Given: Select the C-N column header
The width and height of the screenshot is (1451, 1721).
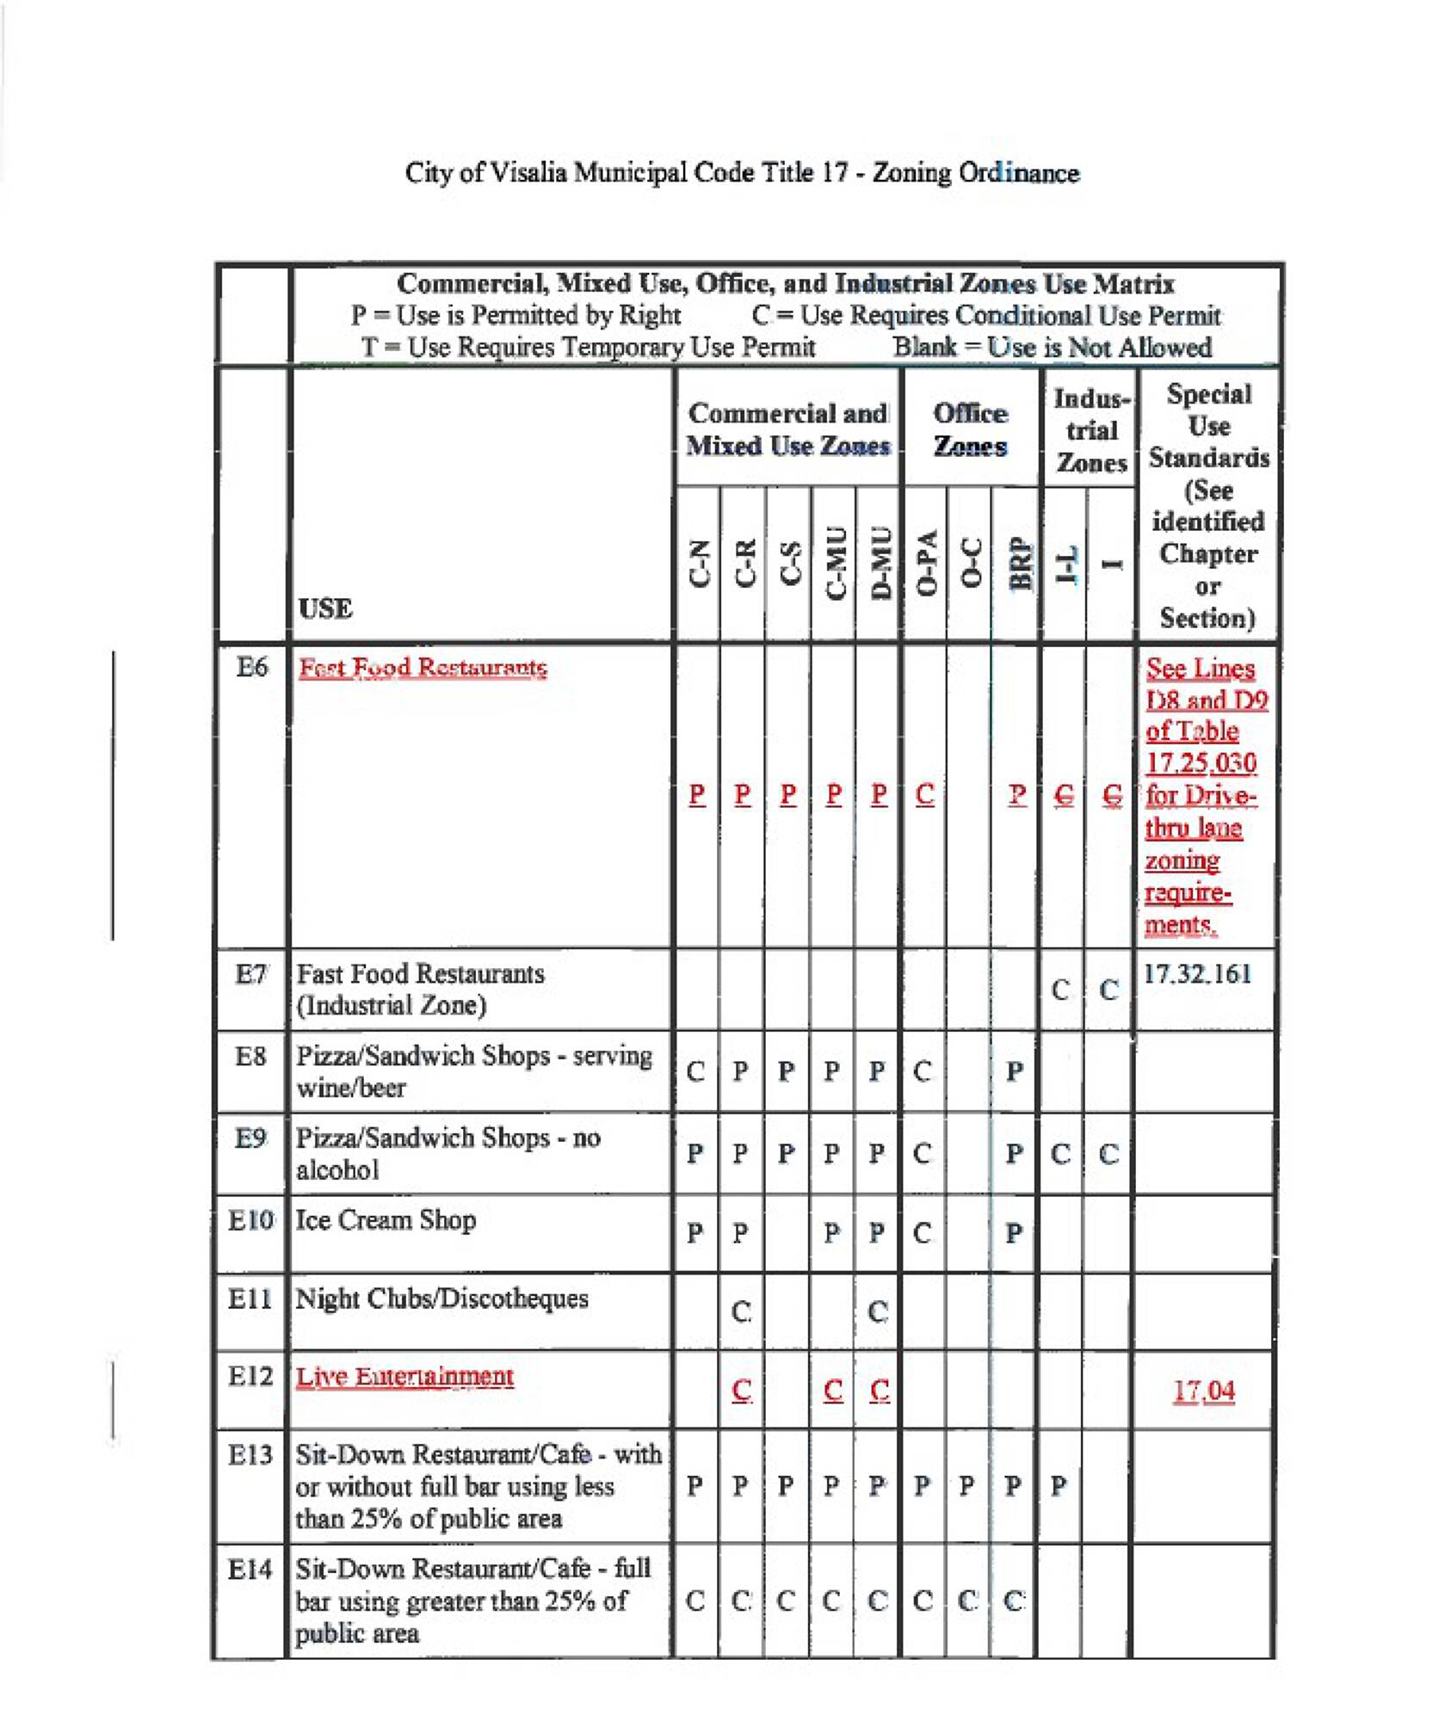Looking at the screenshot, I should (700, 564).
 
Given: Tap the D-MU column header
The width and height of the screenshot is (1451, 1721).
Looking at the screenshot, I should (880, 563).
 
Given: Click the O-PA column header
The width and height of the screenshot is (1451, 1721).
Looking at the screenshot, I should (925, 563).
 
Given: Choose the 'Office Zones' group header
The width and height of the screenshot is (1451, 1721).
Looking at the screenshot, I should (970, 429).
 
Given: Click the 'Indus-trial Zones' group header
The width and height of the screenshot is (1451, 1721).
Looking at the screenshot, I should (1091, 430).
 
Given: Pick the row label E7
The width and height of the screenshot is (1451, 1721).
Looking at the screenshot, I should (251, 974).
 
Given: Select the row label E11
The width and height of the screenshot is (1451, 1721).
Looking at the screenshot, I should (250, 1298).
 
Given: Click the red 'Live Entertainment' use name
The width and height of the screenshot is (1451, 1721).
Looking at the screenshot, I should (404, 1377).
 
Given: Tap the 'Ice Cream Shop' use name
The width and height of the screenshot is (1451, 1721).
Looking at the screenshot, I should (386, 1220).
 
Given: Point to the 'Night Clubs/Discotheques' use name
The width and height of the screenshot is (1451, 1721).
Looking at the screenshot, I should (441, 1298).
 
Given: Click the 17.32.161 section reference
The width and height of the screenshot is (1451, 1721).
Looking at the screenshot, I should (1197, 974).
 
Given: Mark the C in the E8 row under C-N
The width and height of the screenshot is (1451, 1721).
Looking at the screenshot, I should (695, 1072).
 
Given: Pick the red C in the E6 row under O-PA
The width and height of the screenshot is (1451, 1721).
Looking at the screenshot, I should (924, 794).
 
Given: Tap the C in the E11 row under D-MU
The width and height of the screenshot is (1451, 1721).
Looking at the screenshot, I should (877, 1312).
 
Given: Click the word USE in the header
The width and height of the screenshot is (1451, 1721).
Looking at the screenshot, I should (325, 608).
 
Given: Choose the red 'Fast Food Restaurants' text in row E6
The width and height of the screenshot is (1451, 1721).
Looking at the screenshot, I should (423, 668).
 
